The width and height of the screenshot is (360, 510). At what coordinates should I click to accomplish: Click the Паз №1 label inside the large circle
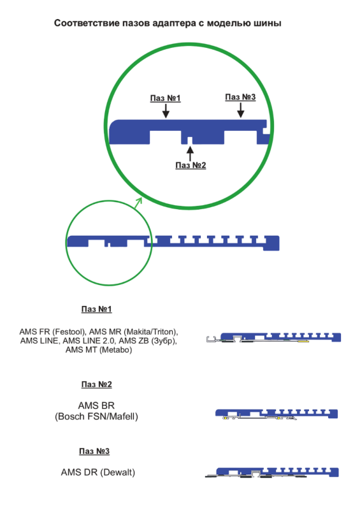tap(165, 98)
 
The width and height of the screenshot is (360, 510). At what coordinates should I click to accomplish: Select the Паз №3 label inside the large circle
tap(240, 97)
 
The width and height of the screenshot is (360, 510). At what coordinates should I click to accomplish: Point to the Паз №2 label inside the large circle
tap(191, 165)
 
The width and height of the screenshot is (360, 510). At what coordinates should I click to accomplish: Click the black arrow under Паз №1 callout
tap(166, 111)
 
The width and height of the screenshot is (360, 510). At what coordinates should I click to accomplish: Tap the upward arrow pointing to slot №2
tap(191, 154)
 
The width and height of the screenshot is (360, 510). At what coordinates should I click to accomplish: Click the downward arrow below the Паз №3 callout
tap(241, 110)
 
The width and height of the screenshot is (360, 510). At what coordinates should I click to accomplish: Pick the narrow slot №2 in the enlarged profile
tap(191, 140)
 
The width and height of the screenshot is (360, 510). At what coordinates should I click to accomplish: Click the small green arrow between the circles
tap(138, 203)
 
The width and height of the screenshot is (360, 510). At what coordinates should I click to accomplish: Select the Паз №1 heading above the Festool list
tap(97, 309)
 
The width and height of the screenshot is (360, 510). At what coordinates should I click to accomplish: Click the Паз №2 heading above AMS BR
tap(97, 384)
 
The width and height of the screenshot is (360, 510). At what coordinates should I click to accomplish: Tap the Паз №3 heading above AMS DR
tap(94, 451)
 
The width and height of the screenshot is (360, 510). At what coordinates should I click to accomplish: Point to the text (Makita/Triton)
tap(152, 331)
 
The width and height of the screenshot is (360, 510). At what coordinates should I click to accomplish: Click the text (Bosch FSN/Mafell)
tap(96, 417)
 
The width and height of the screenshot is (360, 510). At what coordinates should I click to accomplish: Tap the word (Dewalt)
tap(117, 472)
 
